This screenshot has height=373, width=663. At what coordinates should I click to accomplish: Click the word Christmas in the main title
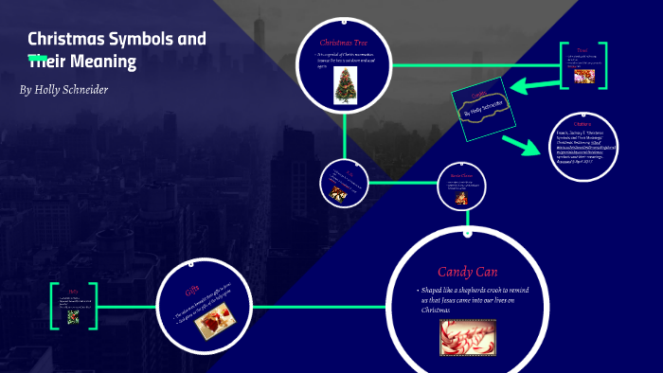tap(64, 40)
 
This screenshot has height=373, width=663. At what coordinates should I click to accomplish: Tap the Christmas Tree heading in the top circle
tap(343, 43)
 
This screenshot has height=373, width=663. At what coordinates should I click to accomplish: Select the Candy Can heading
tap(467, 272)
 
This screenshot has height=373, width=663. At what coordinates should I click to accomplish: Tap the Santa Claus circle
tap(461, 187)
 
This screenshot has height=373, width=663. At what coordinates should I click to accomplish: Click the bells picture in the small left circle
tap(339, 194)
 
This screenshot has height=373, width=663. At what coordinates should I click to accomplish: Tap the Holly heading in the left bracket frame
tap(72, 290)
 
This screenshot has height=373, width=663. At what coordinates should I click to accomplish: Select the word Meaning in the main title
tap(110, 62)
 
